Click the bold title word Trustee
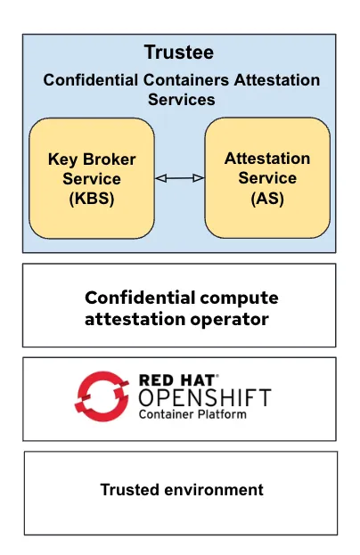coord(178,53)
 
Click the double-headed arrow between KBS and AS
coord(179,179)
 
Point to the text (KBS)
coord(92,199)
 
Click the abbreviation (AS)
coord(267,198)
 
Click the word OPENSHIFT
coord(204,396)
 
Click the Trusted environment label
coord(181,490)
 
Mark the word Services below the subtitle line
coord(181,100)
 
